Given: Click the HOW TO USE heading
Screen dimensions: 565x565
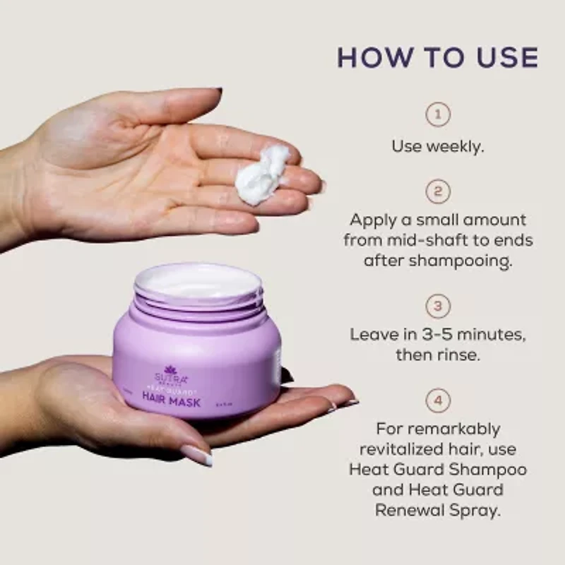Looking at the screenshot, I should point(438,57).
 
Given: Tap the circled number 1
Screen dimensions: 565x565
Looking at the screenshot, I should point(438,114).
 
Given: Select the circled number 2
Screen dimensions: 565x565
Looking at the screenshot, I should point(438,191).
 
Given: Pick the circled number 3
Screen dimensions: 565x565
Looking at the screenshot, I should point(438,306).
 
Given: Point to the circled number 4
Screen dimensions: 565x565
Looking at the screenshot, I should point(438,401).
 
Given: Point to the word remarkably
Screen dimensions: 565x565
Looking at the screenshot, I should point(438,429).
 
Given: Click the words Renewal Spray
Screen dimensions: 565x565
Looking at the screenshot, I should point(438,510).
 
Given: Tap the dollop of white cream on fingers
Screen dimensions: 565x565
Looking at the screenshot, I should point(261,175).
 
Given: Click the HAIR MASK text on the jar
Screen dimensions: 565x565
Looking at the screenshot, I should point(172,402).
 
